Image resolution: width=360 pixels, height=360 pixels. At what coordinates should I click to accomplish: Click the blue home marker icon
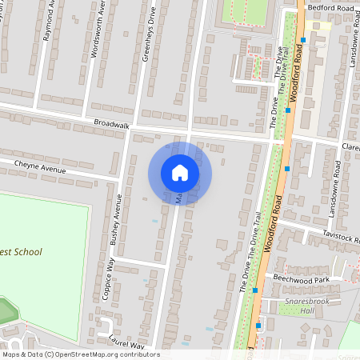coord(180,173)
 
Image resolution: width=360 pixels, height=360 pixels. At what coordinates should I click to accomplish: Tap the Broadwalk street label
coord(110,124)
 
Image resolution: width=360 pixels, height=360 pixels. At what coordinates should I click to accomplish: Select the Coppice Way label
coord(106,277)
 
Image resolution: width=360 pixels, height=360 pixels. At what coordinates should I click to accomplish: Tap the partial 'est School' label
coord(22,252)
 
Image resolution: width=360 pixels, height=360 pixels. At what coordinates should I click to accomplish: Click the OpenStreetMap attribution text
coord(80,354)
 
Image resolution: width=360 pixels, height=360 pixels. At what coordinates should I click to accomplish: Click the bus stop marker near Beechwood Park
coord(254,290)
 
